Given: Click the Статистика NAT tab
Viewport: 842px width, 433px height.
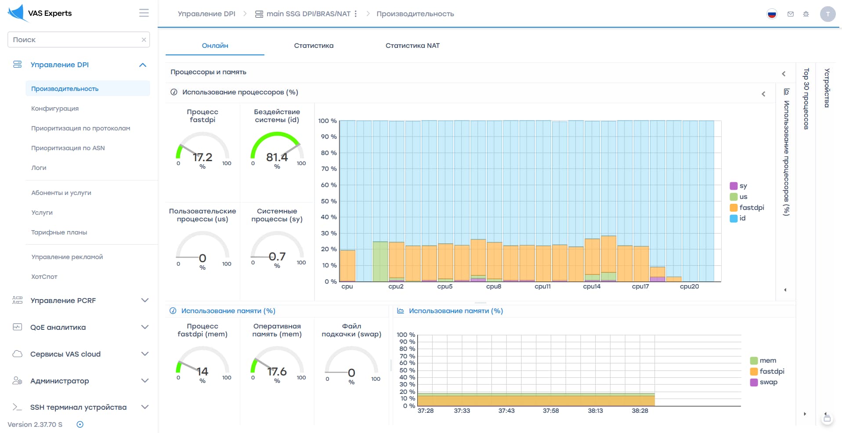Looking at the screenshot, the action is pyautogui.click(x=412, y=46).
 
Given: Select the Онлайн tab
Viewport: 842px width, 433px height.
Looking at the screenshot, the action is pyautogui.click(x=215, y=46).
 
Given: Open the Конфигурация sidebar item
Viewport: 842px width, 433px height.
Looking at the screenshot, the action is pyautogui.click(x=55, y=108).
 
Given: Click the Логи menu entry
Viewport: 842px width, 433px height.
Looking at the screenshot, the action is pyautogui.click(x=39, y=168).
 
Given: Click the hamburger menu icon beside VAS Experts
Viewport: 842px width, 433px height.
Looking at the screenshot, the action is pyautogui.click(x=144, y=13).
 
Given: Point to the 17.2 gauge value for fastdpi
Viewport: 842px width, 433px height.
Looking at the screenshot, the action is pyautogui.click(x=202, y=157).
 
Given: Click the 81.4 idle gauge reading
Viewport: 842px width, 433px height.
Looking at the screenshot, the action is pyautogui.click(x=277, y=157).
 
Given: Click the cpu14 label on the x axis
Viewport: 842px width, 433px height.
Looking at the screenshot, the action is pyautogui.click(x=592, y=286).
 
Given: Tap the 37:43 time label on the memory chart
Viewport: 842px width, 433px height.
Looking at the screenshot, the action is pyautogui.click(x=506, y=411).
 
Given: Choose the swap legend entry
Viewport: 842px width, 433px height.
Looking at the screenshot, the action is pyautogui.click(x=764, y=382).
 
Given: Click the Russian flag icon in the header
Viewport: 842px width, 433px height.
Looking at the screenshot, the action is pyautogui.click(x=772, y=14).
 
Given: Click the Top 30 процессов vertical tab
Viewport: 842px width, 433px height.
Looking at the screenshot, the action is pyautogui.click(x=806, y=99).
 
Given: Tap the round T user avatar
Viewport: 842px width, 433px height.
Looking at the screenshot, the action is pyautogui.click(x=828, y=14).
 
